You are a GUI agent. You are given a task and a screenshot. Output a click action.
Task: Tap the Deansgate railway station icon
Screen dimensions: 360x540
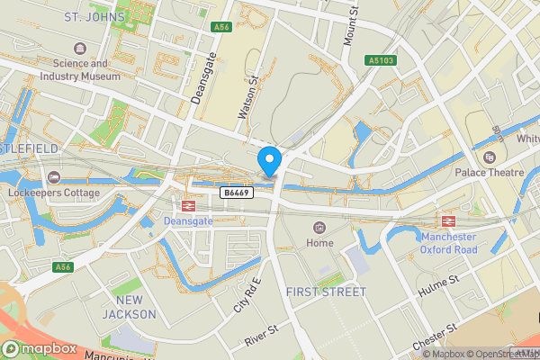coord(187,206)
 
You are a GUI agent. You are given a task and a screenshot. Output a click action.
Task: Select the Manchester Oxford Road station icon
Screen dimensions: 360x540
coord(447,221)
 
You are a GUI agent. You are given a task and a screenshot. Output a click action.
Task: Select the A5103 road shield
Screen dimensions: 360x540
coord(381,60)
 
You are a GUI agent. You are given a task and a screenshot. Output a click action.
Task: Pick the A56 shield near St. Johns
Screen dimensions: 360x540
coord(222,28)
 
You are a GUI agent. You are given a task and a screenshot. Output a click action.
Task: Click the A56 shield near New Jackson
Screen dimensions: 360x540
coord(62,267)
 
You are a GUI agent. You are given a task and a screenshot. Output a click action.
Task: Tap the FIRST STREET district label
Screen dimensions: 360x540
coord(326,292)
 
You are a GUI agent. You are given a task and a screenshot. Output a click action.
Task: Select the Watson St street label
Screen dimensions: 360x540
coord(241,97)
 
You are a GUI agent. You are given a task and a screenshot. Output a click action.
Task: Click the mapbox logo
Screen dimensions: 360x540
coord(39,348)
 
